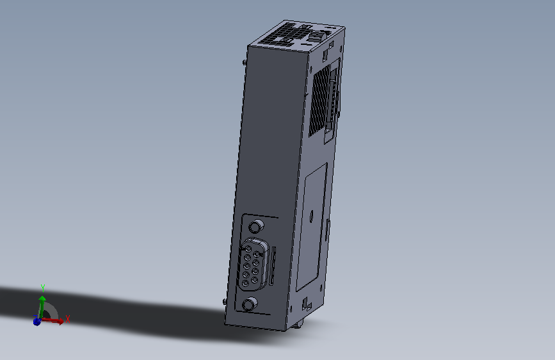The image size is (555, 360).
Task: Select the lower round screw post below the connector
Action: [250, 304]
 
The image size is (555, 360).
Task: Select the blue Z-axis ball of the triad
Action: [36, 321]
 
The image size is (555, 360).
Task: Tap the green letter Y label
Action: [42, 286]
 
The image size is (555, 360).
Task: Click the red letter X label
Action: [68, 318]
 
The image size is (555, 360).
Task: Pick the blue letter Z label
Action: [34, 316]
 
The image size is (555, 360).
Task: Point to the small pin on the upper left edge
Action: [245, 62]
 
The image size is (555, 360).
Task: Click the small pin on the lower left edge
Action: [223, 301]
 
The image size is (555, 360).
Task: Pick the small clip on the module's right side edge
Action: [328, 225]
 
